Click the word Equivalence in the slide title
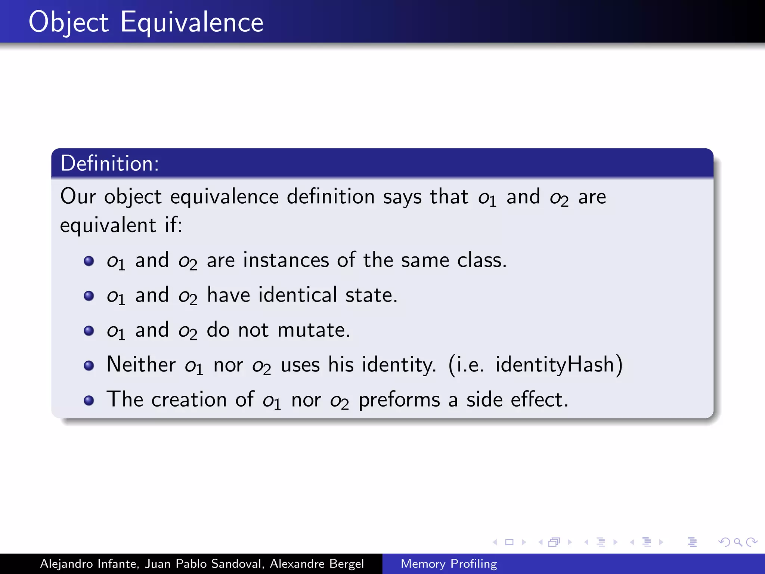click(x=192, y=22)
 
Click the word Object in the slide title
click(x=69, y=22)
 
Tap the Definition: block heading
click(x=110, y=164)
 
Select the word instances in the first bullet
click(x=286, y=260)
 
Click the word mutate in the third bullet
click(x=312, y=330)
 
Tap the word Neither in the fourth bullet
click(x=141, y=364)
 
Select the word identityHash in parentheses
click(x=555, y=364)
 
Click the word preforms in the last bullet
click(x=399, y=400)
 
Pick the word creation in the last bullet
click(x=189, y=399)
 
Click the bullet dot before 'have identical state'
click(x=89, y=296)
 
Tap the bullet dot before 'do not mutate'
click(x=89, y=331)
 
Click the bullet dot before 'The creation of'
click(x=89, y=401)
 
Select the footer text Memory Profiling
click(x=449, y=564)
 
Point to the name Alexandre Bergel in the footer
click(x=317, y=564)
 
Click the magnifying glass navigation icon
click(x=738, y=542)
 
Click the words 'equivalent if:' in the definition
click(x=121, y=225)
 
